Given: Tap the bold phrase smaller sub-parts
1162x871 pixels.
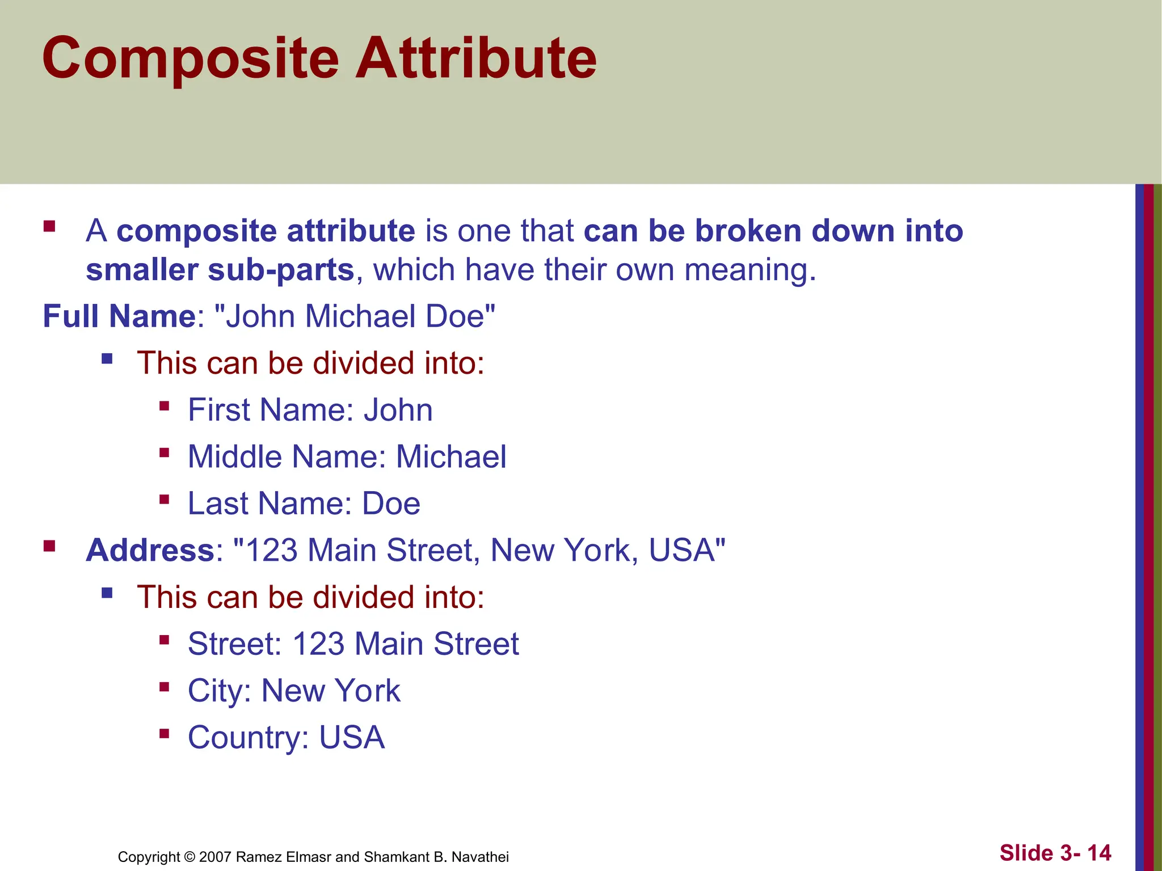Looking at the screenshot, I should click(220, 270).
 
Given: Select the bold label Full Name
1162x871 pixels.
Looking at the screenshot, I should click(119, 316).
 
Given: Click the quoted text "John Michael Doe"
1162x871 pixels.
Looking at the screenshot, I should click(355, 316).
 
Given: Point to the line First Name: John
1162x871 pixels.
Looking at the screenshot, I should click(310, 410).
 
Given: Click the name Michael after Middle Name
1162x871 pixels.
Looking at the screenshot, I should click(451, 457).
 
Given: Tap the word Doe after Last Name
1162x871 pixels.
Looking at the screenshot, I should click(391, 504).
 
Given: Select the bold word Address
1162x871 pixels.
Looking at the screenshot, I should click(150, 551).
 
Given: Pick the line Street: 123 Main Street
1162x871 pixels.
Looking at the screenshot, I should click(353, 644).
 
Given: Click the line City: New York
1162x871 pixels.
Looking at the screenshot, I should click(294, 691).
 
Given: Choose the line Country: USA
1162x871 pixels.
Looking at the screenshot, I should click(286, 738).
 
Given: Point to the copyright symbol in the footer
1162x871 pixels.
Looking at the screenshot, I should click(190, 857).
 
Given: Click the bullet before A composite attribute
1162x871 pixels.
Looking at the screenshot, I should click(49, 227).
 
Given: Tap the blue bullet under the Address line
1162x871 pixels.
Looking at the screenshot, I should click(107, 593).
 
